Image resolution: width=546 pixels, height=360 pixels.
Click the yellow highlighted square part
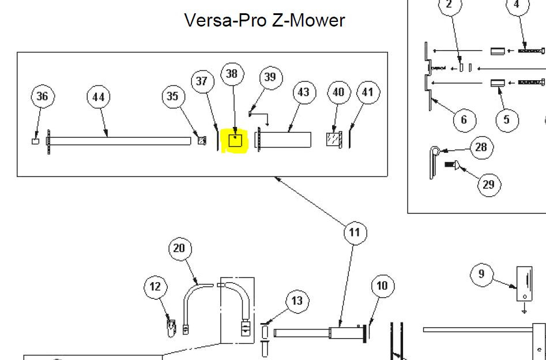click(236, 141)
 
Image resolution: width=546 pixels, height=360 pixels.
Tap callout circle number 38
click(232, 74)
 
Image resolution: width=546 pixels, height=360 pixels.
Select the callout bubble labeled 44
click(98, 97)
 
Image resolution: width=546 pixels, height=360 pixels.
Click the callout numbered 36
click(43, 96)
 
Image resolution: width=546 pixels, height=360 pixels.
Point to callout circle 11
click(355, 232)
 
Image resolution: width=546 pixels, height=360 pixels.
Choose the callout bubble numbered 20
click(180, 249)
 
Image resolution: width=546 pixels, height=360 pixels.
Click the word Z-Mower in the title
click(308, 20)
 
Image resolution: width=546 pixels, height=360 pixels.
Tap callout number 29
click(489, 185)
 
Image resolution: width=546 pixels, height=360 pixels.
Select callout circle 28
click(481, 148)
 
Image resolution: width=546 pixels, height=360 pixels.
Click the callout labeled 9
click(481, 274)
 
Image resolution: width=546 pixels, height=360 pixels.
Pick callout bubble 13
click(297, 301)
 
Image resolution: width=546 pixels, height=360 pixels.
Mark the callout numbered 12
click(156, 287)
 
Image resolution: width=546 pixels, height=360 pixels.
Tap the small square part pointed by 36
click(36, 141)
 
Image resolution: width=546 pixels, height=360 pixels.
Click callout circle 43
click(304, 92)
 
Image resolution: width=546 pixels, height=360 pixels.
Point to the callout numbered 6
click(464, 120)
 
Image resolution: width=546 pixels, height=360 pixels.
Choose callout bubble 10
click(383, 286)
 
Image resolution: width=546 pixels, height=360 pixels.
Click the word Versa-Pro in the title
click(226, 20)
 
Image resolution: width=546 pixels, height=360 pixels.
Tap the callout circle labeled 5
click(507, 120)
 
